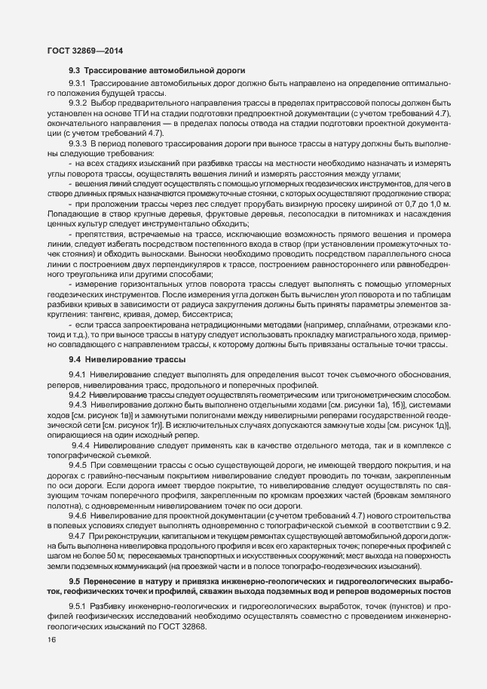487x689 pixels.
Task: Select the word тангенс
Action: tap(108, 313)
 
